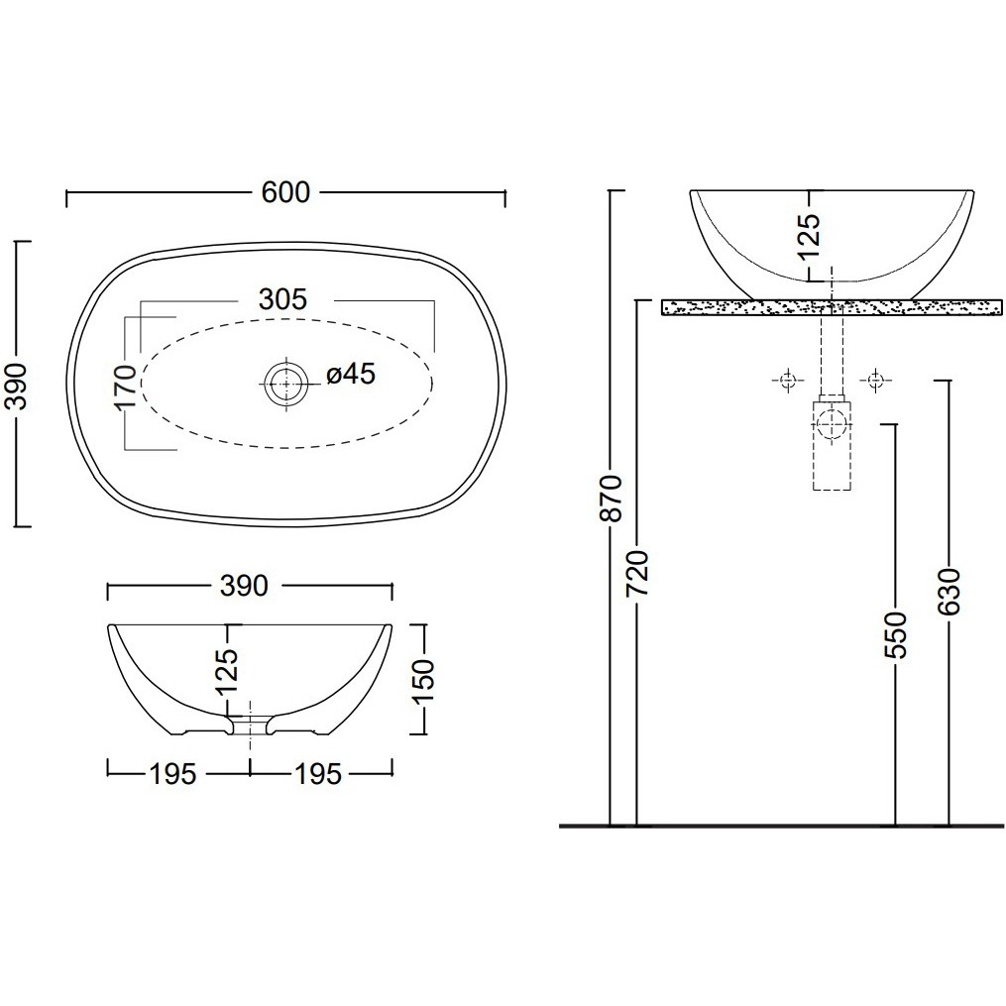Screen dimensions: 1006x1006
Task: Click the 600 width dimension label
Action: (285, 192)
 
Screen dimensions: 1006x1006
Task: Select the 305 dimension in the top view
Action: (282, 299)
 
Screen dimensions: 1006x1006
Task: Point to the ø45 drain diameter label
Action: (350, 374)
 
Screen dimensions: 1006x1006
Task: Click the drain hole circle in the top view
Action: (284, 384)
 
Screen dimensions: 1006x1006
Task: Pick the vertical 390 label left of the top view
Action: (17, 387)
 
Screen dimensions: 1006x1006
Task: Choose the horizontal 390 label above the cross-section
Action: (244, 587)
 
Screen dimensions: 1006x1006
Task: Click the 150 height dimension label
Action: (423, 681)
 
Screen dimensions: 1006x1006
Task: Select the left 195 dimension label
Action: (172, 774)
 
